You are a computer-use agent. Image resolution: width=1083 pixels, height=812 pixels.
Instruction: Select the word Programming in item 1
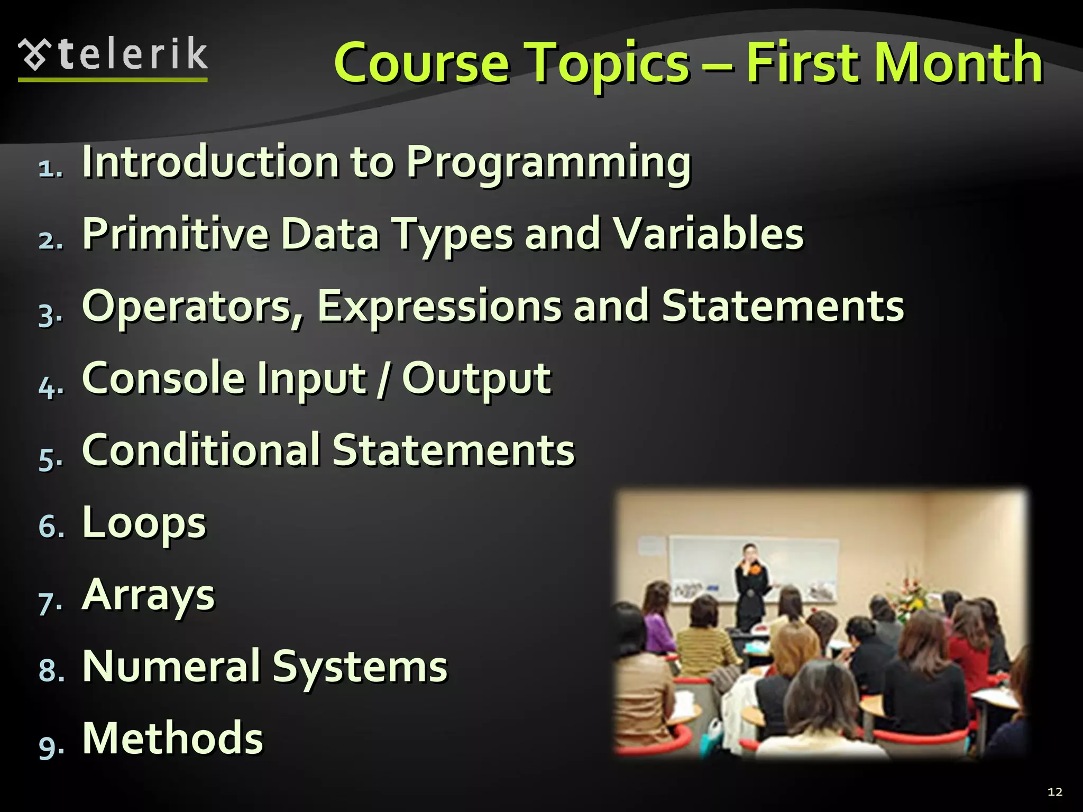[x=548, y=162]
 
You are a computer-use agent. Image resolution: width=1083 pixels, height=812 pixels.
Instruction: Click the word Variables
[x=708, y=234]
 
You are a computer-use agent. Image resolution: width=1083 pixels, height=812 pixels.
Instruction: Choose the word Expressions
[x=439, y=307]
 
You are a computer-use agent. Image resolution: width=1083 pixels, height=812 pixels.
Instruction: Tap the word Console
[x=163, y=379]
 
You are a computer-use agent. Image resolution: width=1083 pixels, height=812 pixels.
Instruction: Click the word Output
[x=476, y=379]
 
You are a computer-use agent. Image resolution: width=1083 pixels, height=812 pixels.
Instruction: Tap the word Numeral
[x=171, y=667]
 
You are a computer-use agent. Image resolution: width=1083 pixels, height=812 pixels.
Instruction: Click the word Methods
[x=172, y=739]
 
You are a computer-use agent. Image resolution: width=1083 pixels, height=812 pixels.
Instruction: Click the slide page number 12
[x=1054, y=791]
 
